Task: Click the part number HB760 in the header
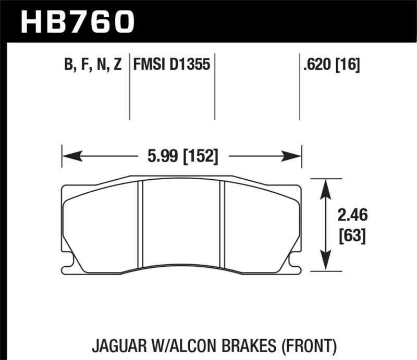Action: tap(77, 21)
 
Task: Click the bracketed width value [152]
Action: tap(200, 156)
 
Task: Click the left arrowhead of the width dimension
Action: tap(69, 156)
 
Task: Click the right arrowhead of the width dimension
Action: tap(295, 156)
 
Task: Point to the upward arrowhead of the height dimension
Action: tap(326, 185)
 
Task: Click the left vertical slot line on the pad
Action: tap(140, 224)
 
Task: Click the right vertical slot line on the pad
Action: tap(223, 224)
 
